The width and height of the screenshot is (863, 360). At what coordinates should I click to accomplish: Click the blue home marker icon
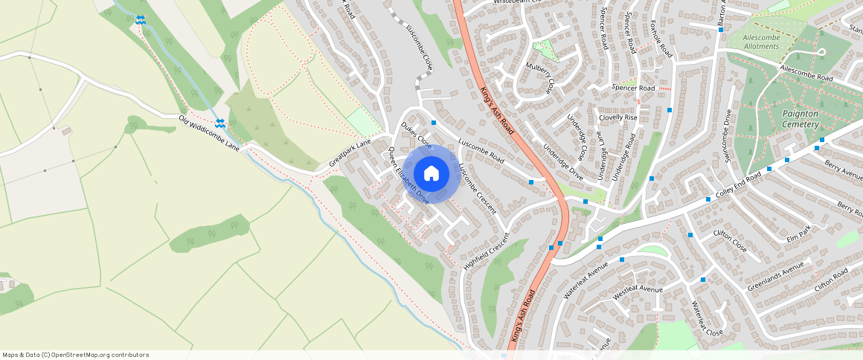(431, 174)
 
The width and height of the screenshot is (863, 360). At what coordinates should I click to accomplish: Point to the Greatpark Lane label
(350, 152)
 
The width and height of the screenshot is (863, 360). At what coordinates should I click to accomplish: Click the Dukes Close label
(416, 135)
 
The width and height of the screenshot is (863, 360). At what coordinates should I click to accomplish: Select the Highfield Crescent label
(487, 251)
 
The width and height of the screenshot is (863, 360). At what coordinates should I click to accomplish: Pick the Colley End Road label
(733, 186)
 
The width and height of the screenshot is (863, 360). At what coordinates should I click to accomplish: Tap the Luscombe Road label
(481, 150)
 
